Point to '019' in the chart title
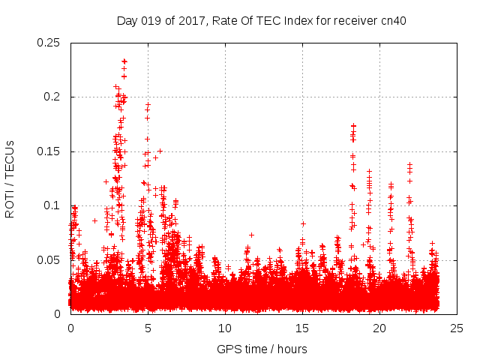point(154,19)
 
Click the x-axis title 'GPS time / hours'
point(262,349)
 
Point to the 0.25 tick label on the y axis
point(50,43)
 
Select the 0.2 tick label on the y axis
point(53,97)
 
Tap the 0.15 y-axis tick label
point(50,151)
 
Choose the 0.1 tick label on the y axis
point(53,205)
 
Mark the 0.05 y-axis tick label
point(50,259)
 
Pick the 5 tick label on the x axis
point(148,328)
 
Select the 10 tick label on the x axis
point(225,328)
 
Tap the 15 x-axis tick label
point(302,328)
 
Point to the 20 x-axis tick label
point(379,328)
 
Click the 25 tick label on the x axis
point(457,328)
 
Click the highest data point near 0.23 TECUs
point(124,61)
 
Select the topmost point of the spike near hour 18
point(353,126)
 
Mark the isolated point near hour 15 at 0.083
point(303,223)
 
